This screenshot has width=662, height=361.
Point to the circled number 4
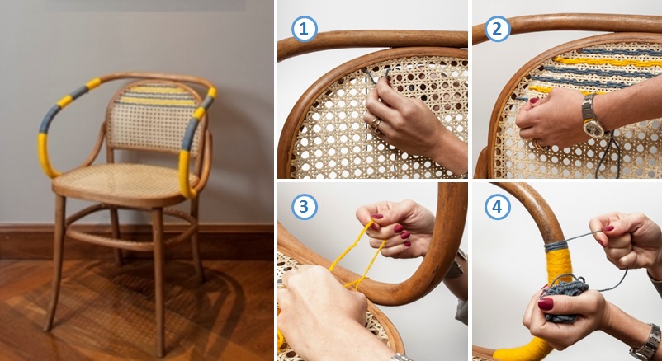pyautogui.click(x=498, y=207)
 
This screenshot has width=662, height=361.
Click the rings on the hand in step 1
pyautogui.click(x=376, y=124)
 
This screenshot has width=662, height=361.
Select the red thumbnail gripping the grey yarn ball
pyautogui.click(x=546, y=304)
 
